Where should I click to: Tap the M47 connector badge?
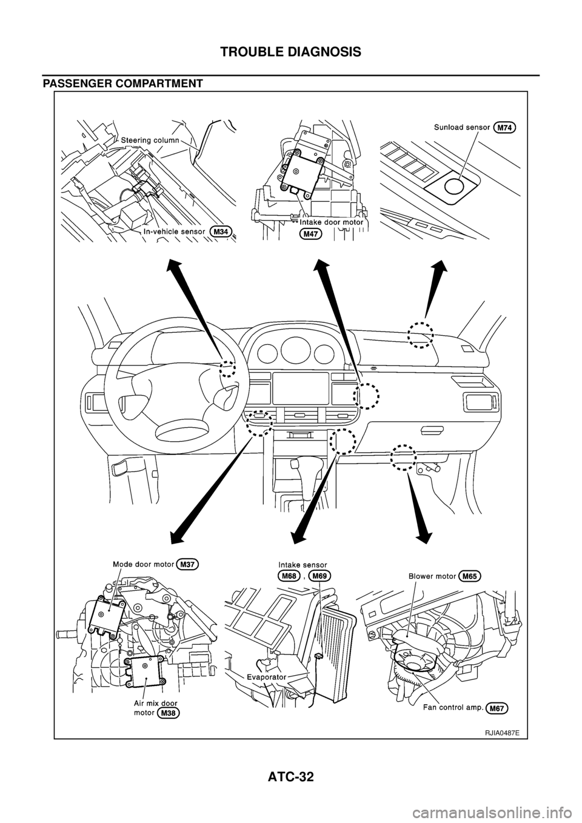(311, 233)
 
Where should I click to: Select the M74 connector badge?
(509, 127)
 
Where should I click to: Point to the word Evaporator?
(267, 674)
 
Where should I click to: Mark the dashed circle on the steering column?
(227, 368)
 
